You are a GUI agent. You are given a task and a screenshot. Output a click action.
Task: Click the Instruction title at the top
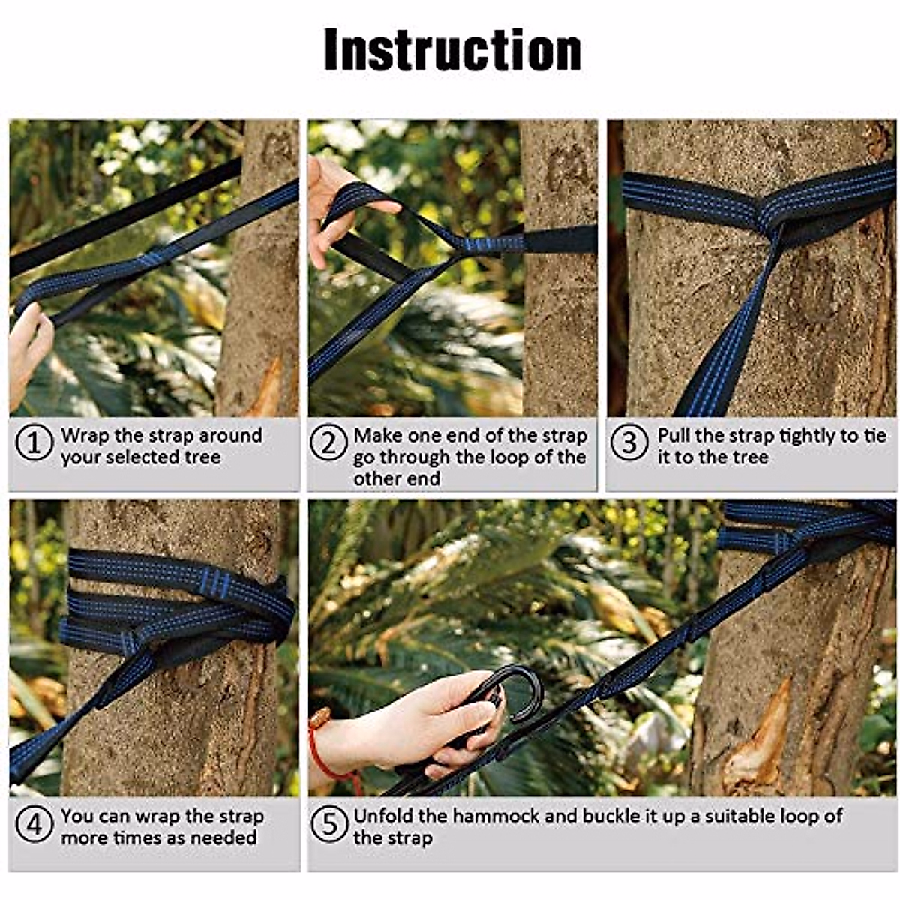(452, 50)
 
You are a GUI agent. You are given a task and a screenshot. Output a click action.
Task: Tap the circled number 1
(34, 442)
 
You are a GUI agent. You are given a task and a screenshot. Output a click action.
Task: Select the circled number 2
(328, 442)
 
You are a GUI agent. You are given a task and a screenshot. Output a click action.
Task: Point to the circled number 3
(629, 442)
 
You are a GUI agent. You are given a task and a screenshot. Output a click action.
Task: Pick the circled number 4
(34, 823)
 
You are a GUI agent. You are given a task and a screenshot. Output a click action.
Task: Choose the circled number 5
(328, 823)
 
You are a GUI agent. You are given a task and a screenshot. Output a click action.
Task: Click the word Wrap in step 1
(85, 436)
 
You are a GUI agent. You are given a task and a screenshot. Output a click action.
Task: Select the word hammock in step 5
(496, 817)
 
